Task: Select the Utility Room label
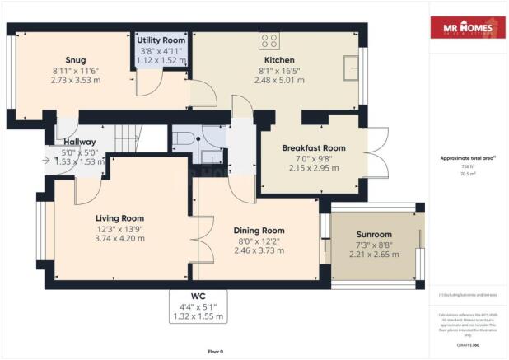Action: (161, 40)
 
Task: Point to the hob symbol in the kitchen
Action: (269, 40)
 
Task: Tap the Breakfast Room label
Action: (313, 147)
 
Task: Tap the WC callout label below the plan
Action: (197, 295)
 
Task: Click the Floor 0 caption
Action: (216, 351)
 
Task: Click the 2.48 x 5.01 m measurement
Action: (279, 81)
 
